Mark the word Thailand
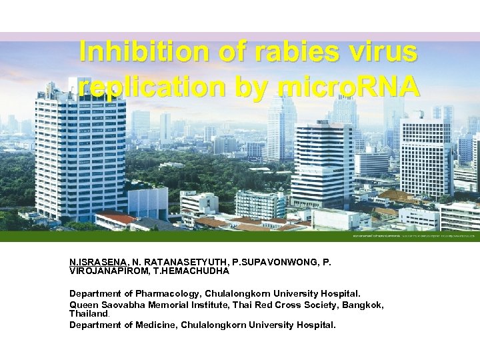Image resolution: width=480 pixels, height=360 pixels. pos(88,313)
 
